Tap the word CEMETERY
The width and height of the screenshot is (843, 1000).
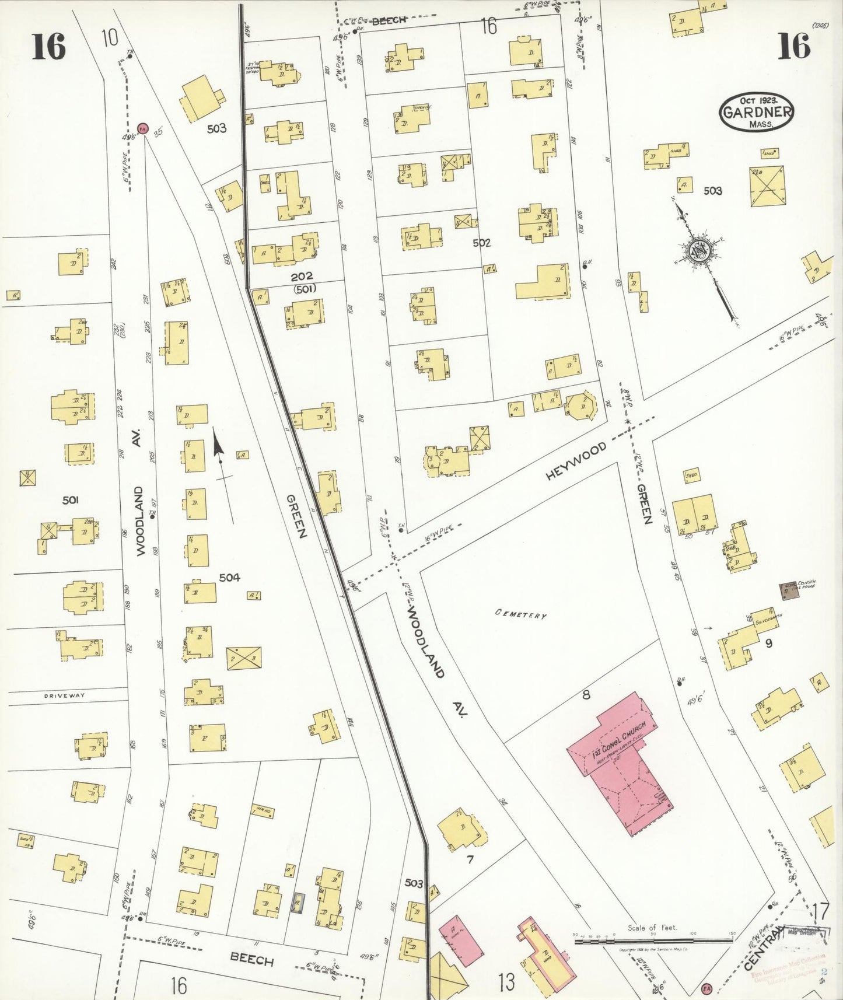point(521,614)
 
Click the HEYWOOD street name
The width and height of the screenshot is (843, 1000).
point(576,461)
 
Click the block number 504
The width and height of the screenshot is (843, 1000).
point(229,578)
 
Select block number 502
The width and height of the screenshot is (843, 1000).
point(481,243)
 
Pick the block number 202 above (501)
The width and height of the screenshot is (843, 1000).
point(302,276)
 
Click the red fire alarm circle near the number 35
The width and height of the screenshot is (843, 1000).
point(142,128)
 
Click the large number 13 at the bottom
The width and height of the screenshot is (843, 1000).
point(506,982)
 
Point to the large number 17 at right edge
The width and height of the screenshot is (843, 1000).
point(820,911)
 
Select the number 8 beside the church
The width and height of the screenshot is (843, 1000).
point(586,694)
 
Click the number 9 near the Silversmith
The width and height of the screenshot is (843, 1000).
point(768,644)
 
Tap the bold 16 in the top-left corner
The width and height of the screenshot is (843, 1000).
point(48,47)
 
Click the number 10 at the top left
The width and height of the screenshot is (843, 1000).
point(109,38)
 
